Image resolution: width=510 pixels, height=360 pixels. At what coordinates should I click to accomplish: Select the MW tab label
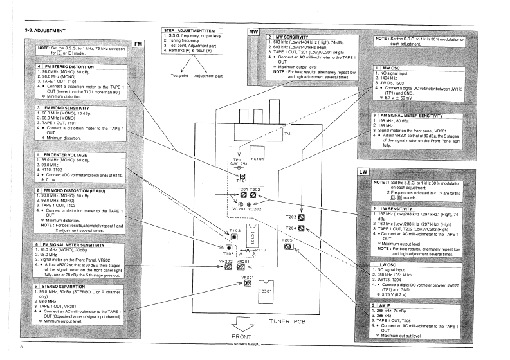tap(253, 32)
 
